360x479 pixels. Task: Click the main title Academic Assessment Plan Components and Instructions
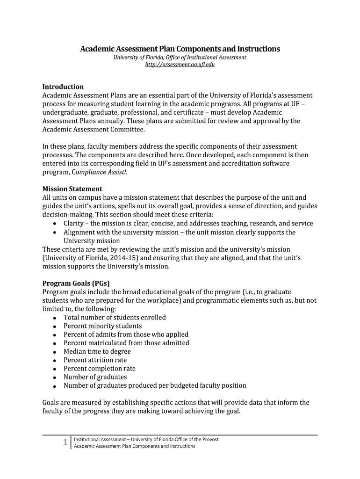[180, 49]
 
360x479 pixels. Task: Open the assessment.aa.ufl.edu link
[180, 65]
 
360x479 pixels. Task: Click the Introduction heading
[63, 87]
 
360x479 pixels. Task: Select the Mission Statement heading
[72, 189]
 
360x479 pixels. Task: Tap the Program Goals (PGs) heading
[76, 283]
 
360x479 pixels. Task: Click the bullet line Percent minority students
[102, 326]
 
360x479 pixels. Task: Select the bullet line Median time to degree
[97, 351]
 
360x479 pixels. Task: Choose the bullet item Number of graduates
[95, 377]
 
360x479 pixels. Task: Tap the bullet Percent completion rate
[100, 369]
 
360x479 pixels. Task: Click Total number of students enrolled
[115, 318]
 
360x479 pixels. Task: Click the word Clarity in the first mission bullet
[74, 224]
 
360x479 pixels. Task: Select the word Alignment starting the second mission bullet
[80, 232]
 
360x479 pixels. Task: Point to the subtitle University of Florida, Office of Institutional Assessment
[180, 57]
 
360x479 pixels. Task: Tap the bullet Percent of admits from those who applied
[126, 334]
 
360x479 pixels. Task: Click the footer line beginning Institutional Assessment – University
[146, 439]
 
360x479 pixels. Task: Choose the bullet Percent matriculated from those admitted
[126, 343]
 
